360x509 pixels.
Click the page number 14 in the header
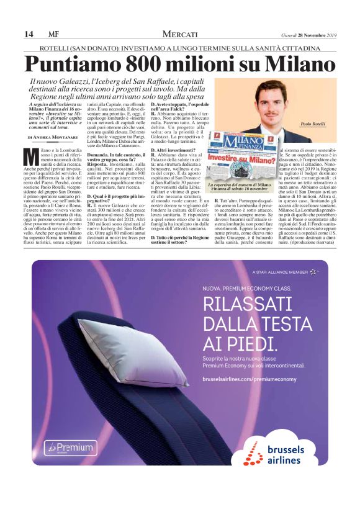click(x=29, y=34)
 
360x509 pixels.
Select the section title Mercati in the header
click(x=180, y=34)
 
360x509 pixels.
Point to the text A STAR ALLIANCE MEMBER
click(x=279, y=272)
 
